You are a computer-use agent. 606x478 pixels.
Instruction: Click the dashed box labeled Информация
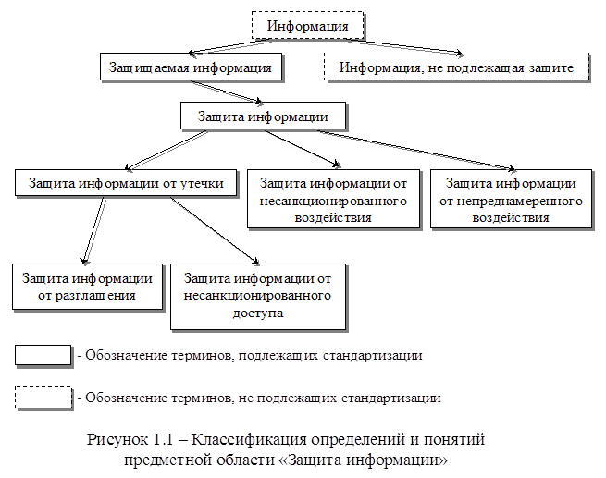click(307, 25)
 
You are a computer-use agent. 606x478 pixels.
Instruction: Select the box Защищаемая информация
click(190, 67)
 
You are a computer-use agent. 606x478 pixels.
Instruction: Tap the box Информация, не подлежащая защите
click(456, 67)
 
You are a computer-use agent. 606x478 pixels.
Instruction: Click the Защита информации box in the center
click(264, 116)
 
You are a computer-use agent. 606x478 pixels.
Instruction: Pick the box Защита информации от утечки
click(126, 182)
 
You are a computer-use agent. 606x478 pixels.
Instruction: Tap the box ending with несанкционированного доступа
click(258, 296)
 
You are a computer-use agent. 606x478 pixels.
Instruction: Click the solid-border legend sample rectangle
click(43, 354)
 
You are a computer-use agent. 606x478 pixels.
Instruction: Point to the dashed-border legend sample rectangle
click(43, 398)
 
